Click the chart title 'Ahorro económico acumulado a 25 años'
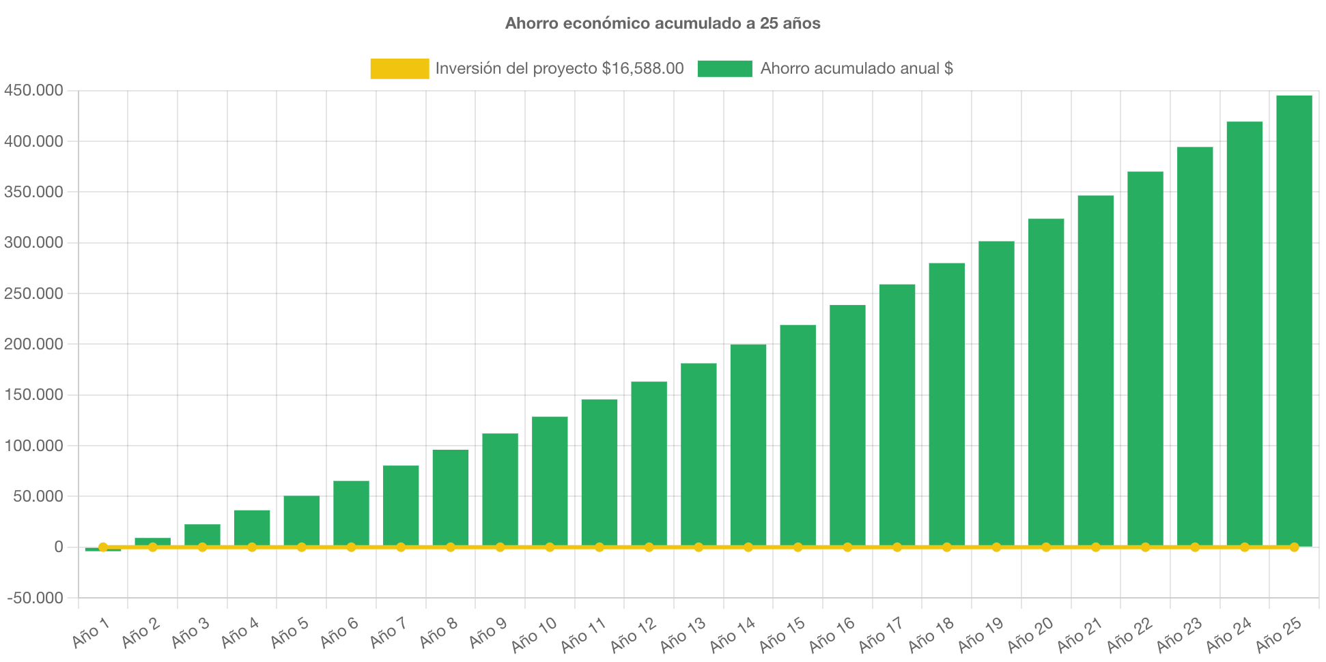(662, 23)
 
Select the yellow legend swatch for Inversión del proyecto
(399, 68)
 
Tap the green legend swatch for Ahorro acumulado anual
(724, 68)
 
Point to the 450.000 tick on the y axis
(33, 90)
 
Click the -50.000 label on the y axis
(35, 598)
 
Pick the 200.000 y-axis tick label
(33, 344)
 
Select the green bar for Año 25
(1294, 321)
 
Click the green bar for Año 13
(699, 455)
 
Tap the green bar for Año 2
(152, 541)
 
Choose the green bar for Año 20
(1046, 382)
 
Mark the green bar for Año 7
(401, 506)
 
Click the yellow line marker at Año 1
(103, 547)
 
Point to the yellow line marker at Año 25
(1294, 547)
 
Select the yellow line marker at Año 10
(550, 547)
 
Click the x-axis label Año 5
(290, 633)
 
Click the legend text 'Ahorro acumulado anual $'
(856, 68)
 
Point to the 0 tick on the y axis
(58, 547)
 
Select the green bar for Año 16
(847, 424)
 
